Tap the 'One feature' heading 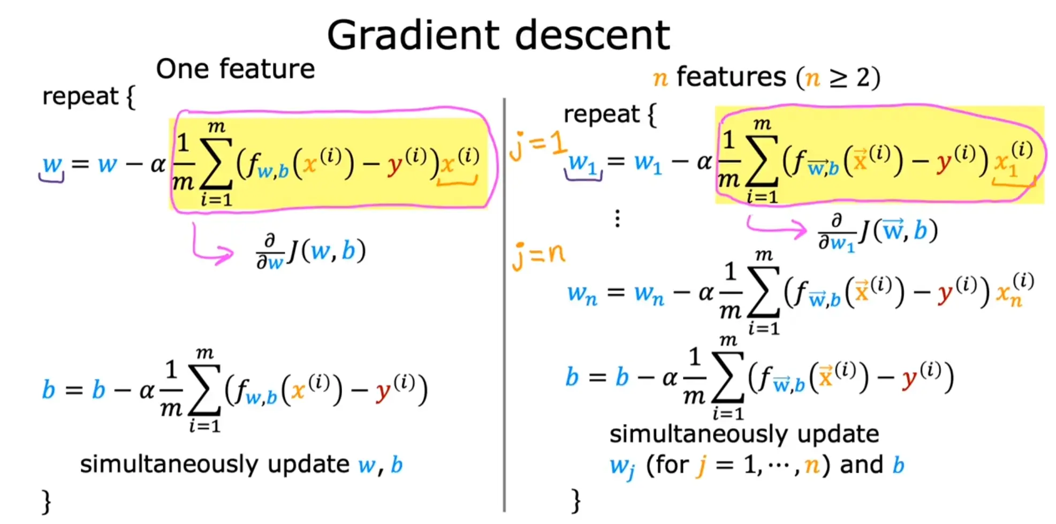click(x=235, y=69)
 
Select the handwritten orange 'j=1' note click(x=537, y=146)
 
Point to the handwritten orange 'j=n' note click(x=538, y=255)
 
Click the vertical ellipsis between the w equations click(x=618, y=218)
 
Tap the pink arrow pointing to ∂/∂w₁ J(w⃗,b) click(x=776, y=227)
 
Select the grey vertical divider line click(x=504, y=305)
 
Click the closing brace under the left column click(x=47, y=502)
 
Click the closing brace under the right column click(x=576, y=500)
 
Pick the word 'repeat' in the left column click(x=80, y=97)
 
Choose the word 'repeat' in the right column click(x=601, y=115)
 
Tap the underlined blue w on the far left click(x=52, y=164)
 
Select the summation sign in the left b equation click(x=204, y=390)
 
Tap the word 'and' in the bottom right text click(x=861, y=465)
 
